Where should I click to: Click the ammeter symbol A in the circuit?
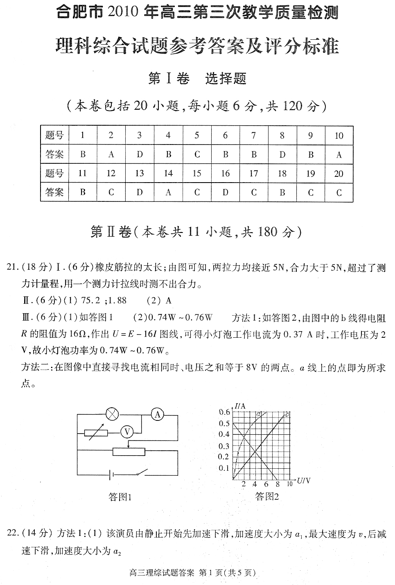(x=157, y=415)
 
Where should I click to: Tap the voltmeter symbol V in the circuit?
(x=127, y=431)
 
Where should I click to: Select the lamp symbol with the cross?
(x=111, y=414)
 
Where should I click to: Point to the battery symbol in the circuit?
(x=111, y=475)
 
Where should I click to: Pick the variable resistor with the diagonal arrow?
(x=96, y=433)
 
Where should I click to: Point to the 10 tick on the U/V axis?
(x=289, y=484)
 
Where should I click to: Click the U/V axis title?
(x=304, y=480)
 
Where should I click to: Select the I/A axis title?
(x=240, y=406)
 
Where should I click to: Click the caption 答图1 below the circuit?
(x=120, y=497)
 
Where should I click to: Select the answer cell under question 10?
(x=339, y=155)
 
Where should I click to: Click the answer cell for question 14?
(x=168, y=192)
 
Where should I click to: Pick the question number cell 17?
(x=253, y=173)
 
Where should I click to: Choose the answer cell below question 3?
(x=140, y=155)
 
